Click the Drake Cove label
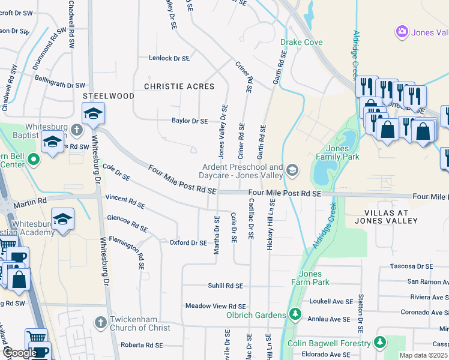[x=301, y=43]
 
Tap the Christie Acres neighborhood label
[x=179, y=87]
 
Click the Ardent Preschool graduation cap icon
[x=292, y=171]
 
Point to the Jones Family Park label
[x=342, y=153]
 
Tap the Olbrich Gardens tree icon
[x=295, y=314]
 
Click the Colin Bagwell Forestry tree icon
[x=379, y=343]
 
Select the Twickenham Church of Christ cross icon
[x=101, y=322]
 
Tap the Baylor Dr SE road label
[x=190, y=121]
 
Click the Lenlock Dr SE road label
[x=169, y=59]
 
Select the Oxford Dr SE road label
[x=188, y=243]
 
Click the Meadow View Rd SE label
[x=216, y=306]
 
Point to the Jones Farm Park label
[x=310, y=278]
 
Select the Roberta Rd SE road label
[x=142, y=345]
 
